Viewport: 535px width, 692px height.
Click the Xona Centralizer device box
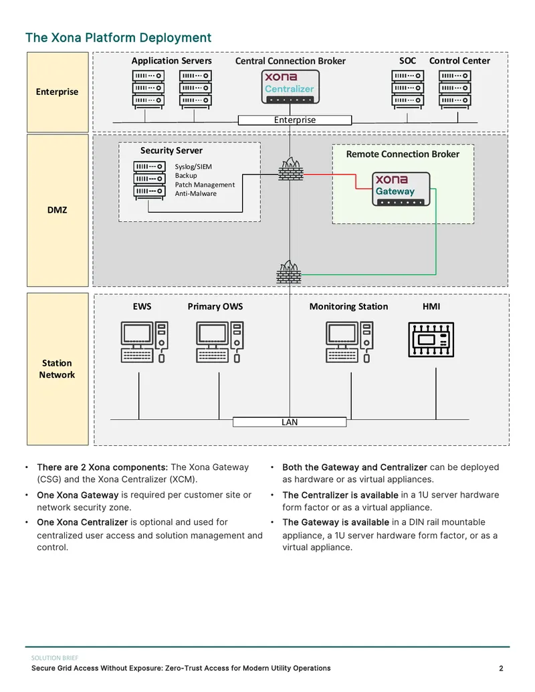point(290,86)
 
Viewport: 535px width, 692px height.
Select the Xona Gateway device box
point(401,189)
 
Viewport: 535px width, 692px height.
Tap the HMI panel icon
point(431,340)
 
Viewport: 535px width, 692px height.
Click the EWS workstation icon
point(144,342)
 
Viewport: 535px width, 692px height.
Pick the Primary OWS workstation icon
point(220,342)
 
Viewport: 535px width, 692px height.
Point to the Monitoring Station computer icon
point(349,342)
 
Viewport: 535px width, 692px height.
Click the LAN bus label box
point(290,422)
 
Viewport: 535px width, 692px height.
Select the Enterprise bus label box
point(295,120)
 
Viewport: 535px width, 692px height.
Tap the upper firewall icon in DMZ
point(291,169)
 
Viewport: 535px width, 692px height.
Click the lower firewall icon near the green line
point(289,272)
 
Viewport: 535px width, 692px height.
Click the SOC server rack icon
point(407,90)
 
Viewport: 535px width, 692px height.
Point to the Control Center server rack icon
point(455,90)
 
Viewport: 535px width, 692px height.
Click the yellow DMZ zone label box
point(58,211)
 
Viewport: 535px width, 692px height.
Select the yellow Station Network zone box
point(58,369)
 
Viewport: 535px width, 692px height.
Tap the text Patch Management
point(205,185)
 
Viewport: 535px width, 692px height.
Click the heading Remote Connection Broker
point(403,154)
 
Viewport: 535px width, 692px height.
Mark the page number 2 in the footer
point(501,668)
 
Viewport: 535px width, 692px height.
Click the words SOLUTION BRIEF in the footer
point(55,658)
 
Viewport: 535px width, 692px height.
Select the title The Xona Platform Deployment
point(118,37)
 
